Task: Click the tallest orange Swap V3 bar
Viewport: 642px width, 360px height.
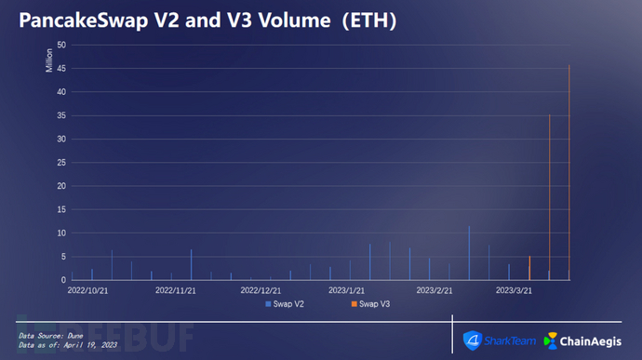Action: (x=569, y=172)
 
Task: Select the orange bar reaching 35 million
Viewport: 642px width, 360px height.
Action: (x=550, y=197)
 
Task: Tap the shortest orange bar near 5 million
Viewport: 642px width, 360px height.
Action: (x=529, y=268)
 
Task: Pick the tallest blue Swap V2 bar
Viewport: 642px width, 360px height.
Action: (x=469, y=253)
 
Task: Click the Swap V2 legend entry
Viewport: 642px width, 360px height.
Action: (x=285, y=304)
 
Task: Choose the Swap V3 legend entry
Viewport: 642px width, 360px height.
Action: (x=370, y=304)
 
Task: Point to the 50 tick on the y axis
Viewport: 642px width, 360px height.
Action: (x=61, y=45)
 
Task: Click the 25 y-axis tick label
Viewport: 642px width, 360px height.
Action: (x=61, y=163)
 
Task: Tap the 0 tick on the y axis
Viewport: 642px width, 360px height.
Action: (x=63, y=280)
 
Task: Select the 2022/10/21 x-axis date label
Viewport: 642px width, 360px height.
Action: (x=87, y=291)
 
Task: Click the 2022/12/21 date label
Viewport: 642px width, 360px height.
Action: (x=261, y=291)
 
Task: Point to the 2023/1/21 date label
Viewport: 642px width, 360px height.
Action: (x=346, y=291)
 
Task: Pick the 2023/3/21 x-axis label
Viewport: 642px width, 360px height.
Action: (x=514, y=291)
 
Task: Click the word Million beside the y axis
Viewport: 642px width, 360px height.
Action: (x=49, y=60)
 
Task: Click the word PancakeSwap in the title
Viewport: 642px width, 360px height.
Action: (x=84, y=20)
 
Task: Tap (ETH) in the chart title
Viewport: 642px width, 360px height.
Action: (x=369, y=20)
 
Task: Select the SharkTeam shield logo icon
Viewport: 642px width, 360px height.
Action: (x=473, y=340)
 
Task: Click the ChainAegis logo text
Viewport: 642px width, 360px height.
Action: (x=591, y=341)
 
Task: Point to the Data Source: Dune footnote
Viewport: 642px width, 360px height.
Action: (x=51, y=336)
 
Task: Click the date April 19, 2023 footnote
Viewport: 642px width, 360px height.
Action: (x=90, y=345)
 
